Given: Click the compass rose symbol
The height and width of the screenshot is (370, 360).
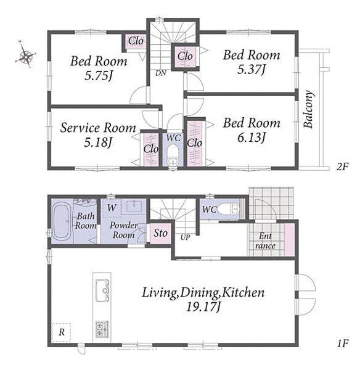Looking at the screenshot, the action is click(25, 55).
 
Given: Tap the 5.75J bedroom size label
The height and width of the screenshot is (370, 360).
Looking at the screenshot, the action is click(98, 76).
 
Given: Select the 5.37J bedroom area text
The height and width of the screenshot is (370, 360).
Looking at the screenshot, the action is click(252, 70).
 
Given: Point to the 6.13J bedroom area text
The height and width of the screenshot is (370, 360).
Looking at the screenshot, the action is click(252, 138).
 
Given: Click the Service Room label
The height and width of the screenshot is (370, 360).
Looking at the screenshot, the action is click(98, 128).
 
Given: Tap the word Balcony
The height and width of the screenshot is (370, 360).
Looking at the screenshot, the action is click(309, 109).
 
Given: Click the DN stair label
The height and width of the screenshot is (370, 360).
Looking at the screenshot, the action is click(161, 73).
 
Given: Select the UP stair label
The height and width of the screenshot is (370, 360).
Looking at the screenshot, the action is click(185, 237).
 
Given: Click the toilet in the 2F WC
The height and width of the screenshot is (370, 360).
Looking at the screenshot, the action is click(173, 155).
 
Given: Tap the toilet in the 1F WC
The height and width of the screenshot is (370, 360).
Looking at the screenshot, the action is click(228, 209).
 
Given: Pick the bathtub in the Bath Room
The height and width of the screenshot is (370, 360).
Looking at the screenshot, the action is click(62, 221).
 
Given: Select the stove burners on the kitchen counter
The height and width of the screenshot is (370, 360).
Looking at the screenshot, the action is click(102, 329).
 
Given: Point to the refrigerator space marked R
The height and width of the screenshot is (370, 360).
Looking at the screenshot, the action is click(62, 332).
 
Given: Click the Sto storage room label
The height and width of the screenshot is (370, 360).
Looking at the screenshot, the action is click(161, 233).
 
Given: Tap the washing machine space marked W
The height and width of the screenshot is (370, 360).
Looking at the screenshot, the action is click(112, 208).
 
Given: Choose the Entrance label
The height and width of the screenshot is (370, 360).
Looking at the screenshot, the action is click(265, 240).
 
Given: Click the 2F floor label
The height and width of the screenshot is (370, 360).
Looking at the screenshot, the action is click(342, 167).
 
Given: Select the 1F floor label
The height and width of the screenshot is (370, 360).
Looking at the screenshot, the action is click(343, 343).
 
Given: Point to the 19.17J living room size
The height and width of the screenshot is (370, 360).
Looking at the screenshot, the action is click(203, 307).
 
